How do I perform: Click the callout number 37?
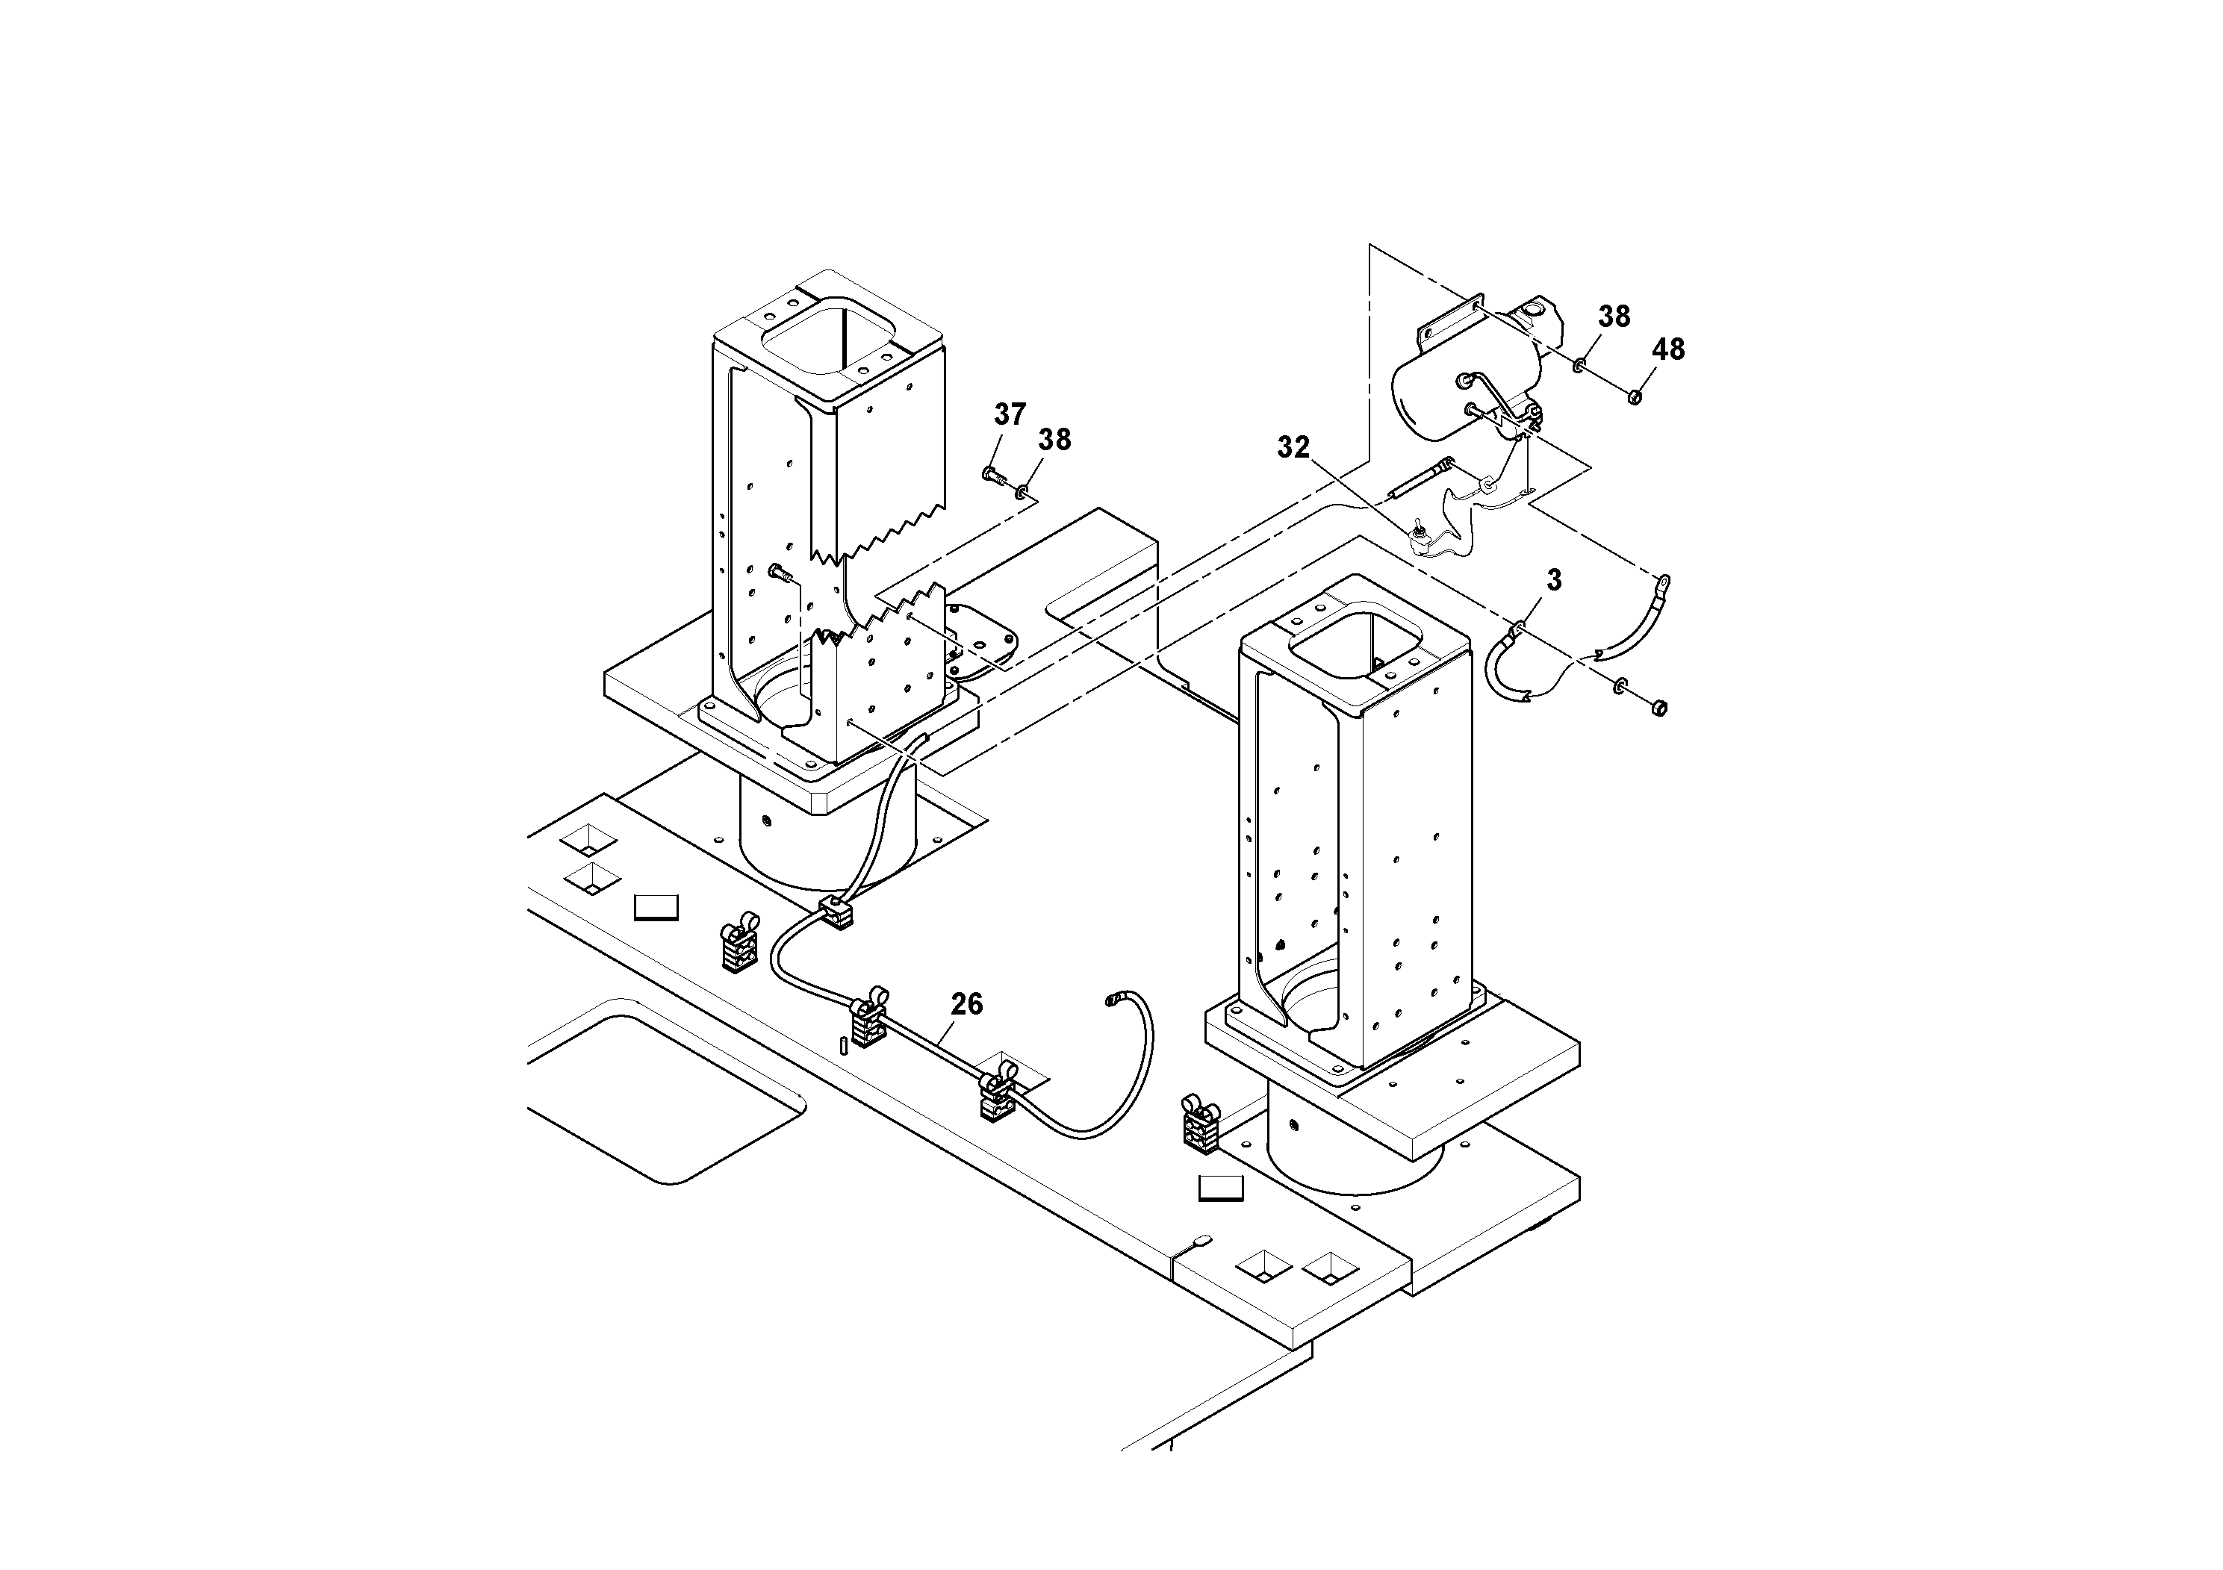pyautogui.click(x=1009, y=414)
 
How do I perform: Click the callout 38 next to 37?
pyautogui.click(x=1054, y=440)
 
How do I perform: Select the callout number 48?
pyautogui.click(x=1667, y=349)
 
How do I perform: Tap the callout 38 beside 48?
pyautogui.click(x=1613, y=317)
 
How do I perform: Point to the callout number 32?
pyautogui.click(x=1293, y=447)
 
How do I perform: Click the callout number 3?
pyautogui.click(x=1554, y=580)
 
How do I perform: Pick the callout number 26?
pyautogui.click(x=966, y=1005)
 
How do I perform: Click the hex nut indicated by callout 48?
pyautogui.click(x=1635, y=396)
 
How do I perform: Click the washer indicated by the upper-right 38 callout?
pyautogui.click(x=1579, y=366)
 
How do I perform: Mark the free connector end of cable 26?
pyautogui.click(x=1113, y=999)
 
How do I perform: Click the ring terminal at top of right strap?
pyautogui.click(x=1664, y=583)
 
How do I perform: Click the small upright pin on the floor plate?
pyautogui.click(x=845, y=1047)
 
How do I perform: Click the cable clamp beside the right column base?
pyautogui.click(x=1201, y=1126)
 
